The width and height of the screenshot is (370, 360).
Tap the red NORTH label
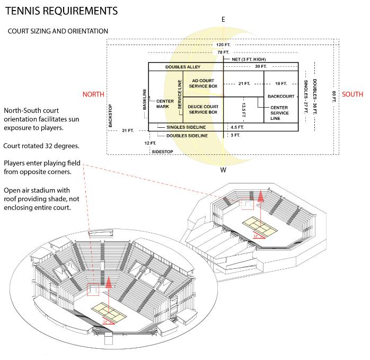click(93, 94)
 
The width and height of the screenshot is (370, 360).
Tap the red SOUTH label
click(353, 94)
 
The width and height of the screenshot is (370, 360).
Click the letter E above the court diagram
click(223, 20)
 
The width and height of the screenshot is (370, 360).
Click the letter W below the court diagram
click(223, 170)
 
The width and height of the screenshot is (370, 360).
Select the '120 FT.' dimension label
click(223, 45)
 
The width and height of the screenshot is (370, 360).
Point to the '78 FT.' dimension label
click(223, 52)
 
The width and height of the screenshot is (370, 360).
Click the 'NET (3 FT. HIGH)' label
click(249, 59)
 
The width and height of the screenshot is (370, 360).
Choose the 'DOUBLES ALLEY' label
click(182, 67)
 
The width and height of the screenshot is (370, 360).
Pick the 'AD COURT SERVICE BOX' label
click(204, 83)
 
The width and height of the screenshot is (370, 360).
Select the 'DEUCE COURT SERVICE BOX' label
click(204, 110)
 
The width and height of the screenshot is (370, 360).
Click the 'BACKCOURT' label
click(281, 96)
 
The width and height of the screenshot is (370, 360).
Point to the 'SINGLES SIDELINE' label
click(186, 127)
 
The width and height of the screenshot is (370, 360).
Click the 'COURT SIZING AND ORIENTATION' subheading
click(58, 31)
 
